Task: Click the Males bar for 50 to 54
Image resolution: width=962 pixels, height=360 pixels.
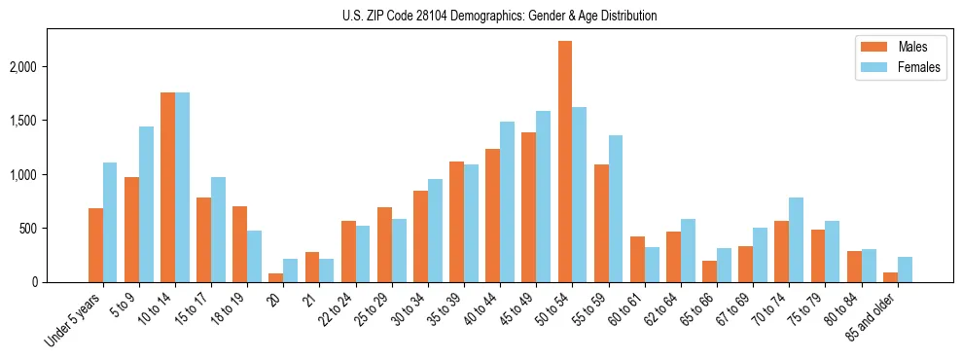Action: coord(565,162)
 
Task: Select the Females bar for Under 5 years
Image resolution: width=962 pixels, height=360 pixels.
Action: coord(110,222)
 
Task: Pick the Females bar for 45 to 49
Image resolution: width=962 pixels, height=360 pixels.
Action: coord(543,197)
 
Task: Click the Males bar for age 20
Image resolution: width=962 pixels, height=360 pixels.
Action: coord(276,277)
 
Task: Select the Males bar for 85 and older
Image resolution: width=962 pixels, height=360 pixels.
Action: coord(890,277)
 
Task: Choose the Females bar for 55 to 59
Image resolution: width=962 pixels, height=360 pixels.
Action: coord(616,208)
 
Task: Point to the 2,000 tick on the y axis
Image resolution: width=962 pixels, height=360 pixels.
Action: coord(51,67)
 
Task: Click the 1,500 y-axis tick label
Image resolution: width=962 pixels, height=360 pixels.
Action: coord(51,121)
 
